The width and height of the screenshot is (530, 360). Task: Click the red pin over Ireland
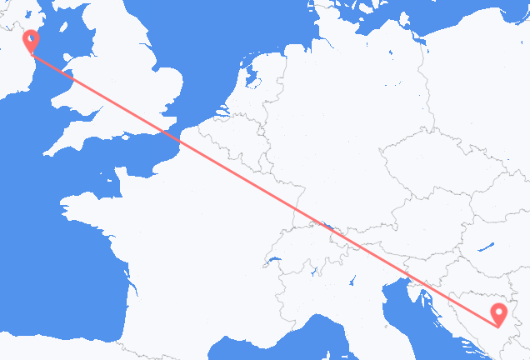[31, 40]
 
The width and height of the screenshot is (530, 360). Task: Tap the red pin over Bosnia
[498, 314]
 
